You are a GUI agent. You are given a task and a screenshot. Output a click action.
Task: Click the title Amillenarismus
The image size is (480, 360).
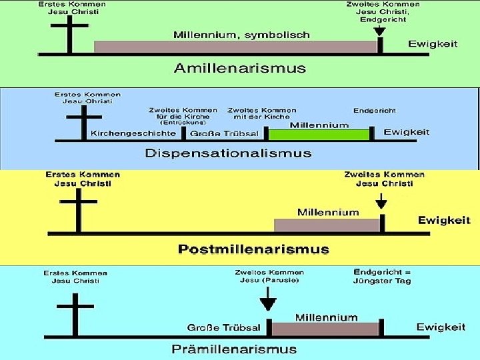tap(239, 68)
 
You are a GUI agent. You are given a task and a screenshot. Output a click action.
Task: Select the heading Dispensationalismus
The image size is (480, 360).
tap(229, 153)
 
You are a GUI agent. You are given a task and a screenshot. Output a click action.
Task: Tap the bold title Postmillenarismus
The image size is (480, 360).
tap(253, 249)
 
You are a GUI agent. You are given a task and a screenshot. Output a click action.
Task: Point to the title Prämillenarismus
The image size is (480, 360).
tap(235, 349)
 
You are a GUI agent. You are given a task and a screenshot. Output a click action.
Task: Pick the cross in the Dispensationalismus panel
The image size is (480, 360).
tap(83, 120)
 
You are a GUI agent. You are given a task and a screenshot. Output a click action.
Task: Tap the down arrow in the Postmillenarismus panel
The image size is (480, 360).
tap(381, 201)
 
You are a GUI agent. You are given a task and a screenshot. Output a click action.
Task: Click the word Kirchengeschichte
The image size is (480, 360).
tap(133, 133)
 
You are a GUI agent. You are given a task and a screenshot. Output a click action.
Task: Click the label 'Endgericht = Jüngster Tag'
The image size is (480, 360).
tap(382, 276)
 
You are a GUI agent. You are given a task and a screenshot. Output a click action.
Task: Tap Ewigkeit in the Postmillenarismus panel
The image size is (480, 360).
tap(444, 220)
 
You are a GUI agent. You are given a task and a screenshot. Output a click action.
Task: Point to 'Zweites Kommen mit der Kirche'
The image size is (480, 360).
tap(262, 113)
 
